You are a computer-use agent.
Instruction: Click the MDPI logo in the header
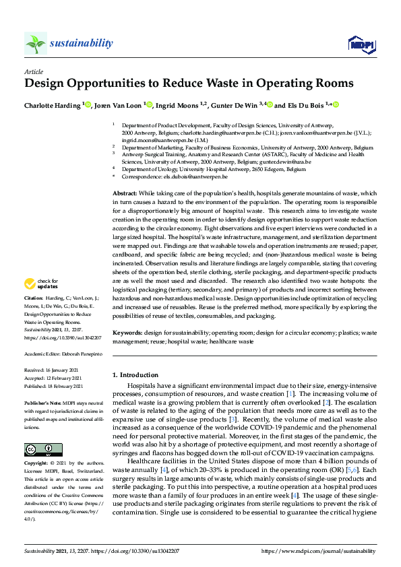[x=361, y=44]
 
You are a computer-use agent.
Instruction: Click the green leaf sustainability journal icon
[x=35, y=44]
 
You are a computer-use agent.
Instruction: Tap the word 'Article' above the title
[x=34, y=71]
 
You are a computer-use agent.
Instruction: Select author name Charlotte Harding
[x=53, y=105]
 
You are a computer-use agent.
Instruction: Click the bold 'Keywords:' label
[x=128, y=333]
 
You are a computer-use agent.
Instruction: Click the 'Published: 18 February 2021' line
[x=53, y=386]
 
